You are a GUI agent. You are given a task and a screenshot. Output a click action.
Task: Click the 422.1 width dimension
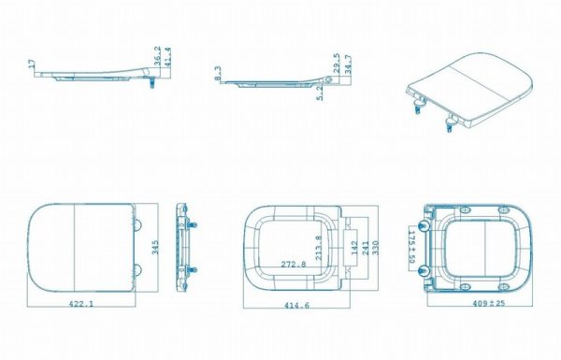tap(81, 304)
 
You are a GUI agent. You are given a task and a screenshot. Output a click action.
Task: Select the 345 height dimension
tap(155, 247)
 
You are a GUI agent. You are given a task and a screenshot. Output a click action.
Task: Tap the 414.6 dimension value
tap(296, 305)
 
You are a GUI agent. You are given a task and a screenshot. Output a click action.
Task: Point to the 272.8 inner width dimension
tap(294, 264)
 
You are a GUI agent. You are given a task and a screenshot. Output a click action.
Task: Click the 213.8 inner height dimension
tap(319, 248)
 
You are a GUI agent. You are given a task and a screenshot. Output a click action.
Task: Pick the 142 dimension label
tap(354, 248)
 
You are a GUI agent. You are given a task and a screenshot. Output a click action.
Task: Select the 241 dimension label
tap(366, 248)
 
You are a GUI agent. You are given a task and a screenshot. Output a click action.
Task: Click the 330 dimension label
tap(375, 248)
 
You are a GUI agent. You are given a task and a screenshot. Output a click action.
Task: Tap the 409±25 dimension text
tap(489, 304)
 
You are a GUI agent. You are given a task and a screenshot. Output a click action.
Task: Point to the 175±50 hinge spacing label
tap(411, 247)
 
